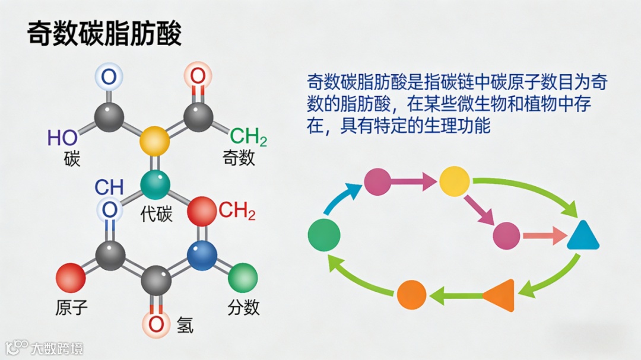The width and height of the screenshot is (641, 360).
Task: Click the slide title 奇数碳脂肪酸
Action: (x=104, y=34)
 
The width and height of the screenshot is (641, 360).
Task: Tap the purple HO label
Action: (x=63, y=138)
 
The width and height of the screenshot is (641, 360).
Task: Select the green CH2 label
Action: (x=248, y=137)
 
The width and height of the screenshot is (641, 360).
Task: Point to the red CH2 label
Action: (x=237, y=211)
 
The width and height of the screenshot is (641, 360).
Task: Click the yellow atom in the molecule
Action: (x=154, y=141)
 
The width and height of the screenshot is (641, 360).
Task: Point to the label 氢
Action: (x=185, y=324)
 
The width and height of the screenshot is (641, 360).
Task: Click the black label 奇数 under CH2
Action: (x=239, y=158)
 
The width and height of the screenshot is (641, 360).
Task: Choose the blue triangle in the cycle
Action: (x=583, y=235)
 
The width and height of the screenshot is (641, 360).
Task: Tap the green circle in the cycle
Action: (x=324, y=234)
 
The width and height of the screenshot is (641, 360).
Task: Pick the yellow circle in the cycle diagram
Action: (x=455, y=181)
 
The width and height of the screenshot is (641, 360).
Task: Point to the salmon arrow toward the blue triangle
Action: (x=544, y=235)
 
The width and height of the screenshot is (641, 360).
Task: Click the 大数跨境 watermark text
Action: (x=58, y=348)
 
